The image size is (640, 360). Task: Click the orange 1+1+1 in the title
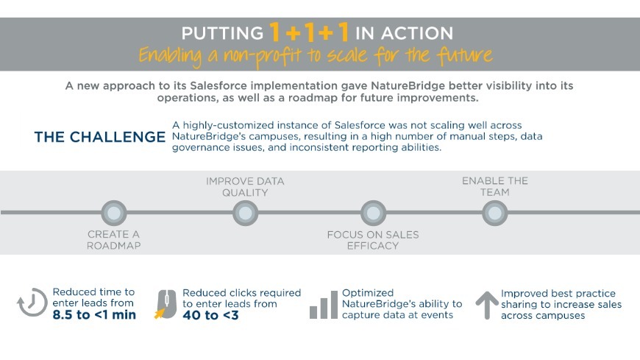309,32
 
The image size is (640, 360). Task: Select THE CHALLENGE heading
100,138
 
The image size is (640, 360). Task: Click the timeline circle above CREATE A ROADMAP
113,213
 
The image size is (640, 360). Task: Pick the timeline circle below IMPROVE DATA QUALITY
245,213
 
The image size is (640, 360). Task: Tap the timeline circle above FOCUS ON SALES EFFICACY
373,213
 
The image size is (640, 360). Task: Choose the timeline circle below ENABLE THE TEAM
495,213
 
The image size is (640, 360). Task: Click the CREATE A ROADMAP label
113,240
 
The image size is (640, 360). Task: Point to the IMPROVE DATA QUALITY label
245,187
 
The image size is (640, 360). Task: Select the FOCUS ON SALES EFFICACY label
373,240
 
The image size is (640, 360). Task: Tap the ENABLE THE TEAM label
495,186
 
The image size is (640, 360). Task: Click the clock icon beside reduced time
32,303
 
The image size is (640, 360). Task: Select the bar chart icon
323,305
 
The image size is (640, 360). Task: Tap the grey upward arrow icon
486,305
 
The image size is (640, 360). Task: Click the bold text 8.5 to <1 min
94,316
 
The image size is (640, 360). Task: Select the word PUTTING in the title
221,33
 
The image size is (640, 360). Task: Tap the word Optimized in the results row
368,292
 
